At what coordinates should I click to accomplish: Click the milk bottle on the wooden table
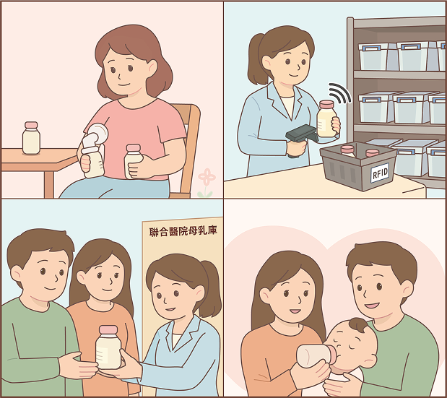coord(31,139)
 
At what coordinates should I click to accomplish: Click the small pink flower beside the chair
coord(207,178)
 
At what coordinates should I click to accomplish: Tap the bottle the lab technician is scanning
coord(327,118)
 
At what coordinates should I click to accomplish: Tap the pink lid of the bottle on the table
coord(31,126)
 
